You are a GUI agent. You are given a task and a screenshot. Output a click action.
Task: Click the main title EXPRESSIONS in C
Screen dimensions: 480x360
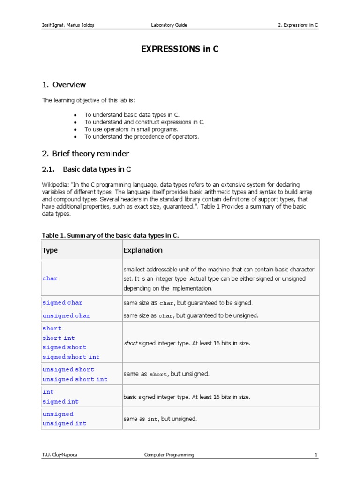click(x=180, y=49)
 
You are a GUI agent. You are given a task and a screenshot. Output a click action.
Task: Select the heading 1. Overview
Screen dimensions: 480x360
click(x=64, y=85)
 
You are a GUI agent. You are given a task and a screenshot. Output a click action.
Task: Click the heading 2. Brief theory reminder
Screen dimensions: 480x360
click(x=85, y=154)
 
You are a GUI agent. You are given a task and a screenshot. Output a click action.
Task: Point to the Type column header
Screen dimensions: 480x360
click(x=50, y=250)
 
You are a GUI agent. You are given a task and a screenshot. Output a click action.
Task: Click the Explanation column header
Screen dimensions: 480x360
click(x=143, y=250)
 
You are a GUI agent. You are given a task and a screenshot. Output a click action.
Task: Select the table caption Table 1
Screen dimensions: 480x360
click(x=111, y=235)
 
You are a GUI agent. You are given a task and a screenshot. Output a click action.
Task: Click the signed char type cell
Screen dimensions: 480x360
click(x=62, y=303)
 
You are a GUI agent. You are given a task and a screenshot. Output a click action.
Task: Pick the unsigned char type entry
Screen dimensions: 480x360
click(x=66, y=316)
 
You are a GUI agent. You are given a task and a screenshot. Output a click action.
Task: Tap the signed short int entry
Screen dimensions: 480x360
click(x=71, y=357)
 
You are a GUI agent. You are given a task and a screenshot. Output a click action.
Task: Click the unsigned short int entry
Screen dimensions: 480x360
click(x=75, y=379)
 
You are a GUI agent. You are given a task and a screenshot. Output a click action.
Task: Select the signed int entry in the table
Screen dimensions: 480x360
click(x=60, y=402)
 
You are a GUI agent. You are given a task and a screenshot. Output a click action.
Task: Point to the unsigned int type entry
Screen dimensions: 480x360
click(x=64, y=424)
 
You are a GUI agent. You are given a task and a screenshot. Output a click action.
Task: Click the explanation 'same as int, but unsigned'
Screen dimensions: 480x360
click(x=160, y=419)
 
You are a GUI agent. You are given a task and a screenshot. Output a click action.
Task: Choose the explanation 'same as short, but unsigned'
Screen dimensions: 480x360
click(x=166, y=374)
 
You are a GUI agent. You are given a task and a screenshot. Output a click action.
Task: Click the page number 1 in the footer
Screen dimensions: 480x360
click(x=316, y=455)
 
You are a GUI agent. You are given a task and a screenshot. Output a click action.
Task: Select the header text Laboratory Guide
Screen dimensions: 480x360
click(x=169, y=25)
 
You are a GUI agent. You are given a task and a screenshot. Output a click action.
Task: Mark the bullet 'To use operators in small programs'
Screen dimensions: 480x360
click(x=131, y=129)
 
